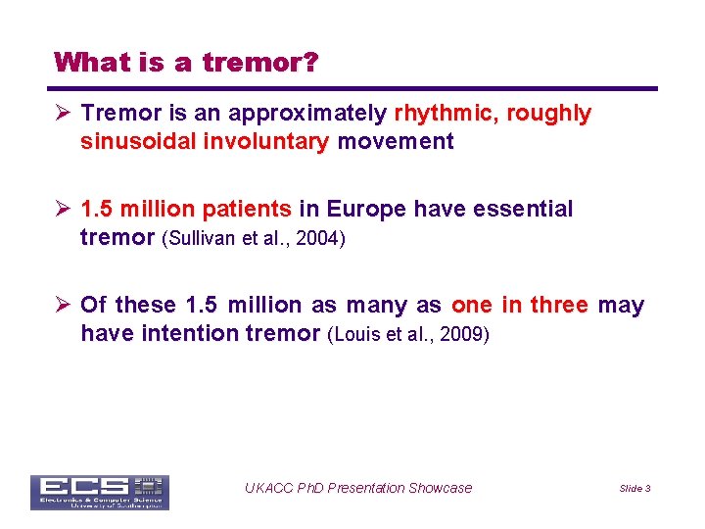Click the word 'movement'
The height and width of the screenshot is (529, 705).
point(396,142)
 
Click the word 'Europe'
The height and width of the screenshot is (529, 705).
point(367,209)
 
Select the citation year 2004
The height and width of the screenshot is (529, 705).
point(318,238)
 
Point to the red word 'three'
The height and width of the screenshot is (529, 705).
point(559,305)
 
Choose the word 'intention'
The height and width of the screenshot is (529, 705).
point(190,333)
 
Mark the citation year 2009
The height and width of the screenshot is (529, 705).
point(460,334)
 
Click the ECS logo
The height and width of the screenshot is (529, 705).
point(99,492)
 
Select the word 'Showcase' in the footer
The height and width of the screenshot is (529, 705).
point(441,488)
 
